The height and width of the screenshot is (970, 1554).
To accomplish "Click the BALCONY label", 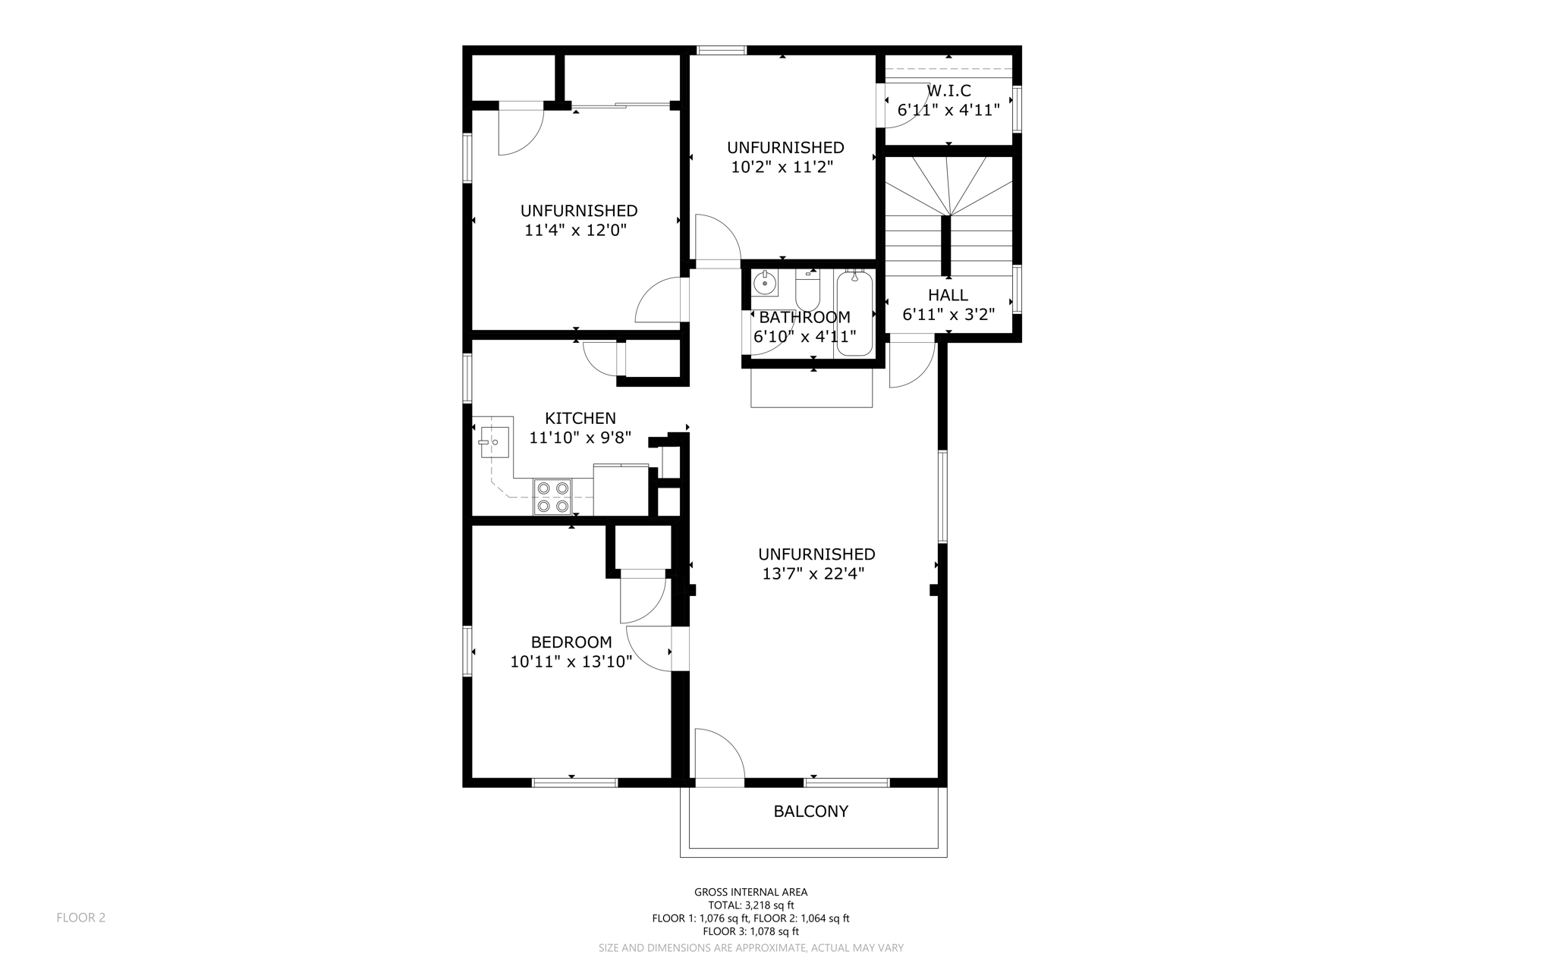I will point(810,811).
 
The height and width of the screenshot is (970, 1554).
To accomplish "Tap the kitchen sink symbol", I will point(494,442).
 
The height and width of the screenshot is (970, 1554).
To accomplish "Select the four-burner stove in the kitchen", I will point(552,498).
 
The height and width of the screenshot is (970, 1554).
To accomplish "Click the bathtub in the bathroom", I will point(854,312).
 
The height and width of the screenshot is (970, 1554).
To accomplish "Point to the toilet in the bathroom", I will point(807,290).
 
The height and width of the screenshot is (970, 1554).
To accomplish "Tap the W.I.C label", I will point(948,91).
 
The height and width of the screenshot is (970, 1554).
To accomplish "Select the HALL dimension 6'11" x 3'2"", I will point(948,315).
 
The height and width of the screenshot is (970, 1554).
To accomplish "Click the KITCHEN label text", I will point(580,418).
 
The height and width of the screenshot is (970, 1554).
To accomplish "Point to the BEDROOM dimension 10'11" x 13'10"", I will point(571,662).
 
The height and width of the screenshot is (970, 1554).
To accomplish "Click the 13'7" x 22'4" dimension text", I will point(813,574).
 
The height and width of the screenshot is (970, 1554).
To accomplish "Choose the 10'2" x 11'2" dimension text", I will point(782,167).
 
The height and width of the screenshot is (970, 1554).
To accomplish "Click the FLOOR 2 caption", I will point(81,918).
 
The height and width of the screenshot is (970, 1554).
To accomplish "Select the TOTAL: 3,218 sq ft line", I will point(751,905).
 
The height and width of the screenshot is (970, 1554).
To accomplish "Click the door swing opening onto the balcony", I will point(719,753).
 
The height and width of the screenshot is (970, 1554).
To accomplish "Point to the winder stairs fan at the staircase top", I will point(948,186).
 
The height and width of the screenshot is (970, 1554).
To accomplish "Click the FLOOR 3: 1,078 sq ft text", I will point(751,931).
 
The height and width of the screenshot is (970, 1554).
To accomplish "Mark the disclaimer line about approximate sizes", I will point(751,948).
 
